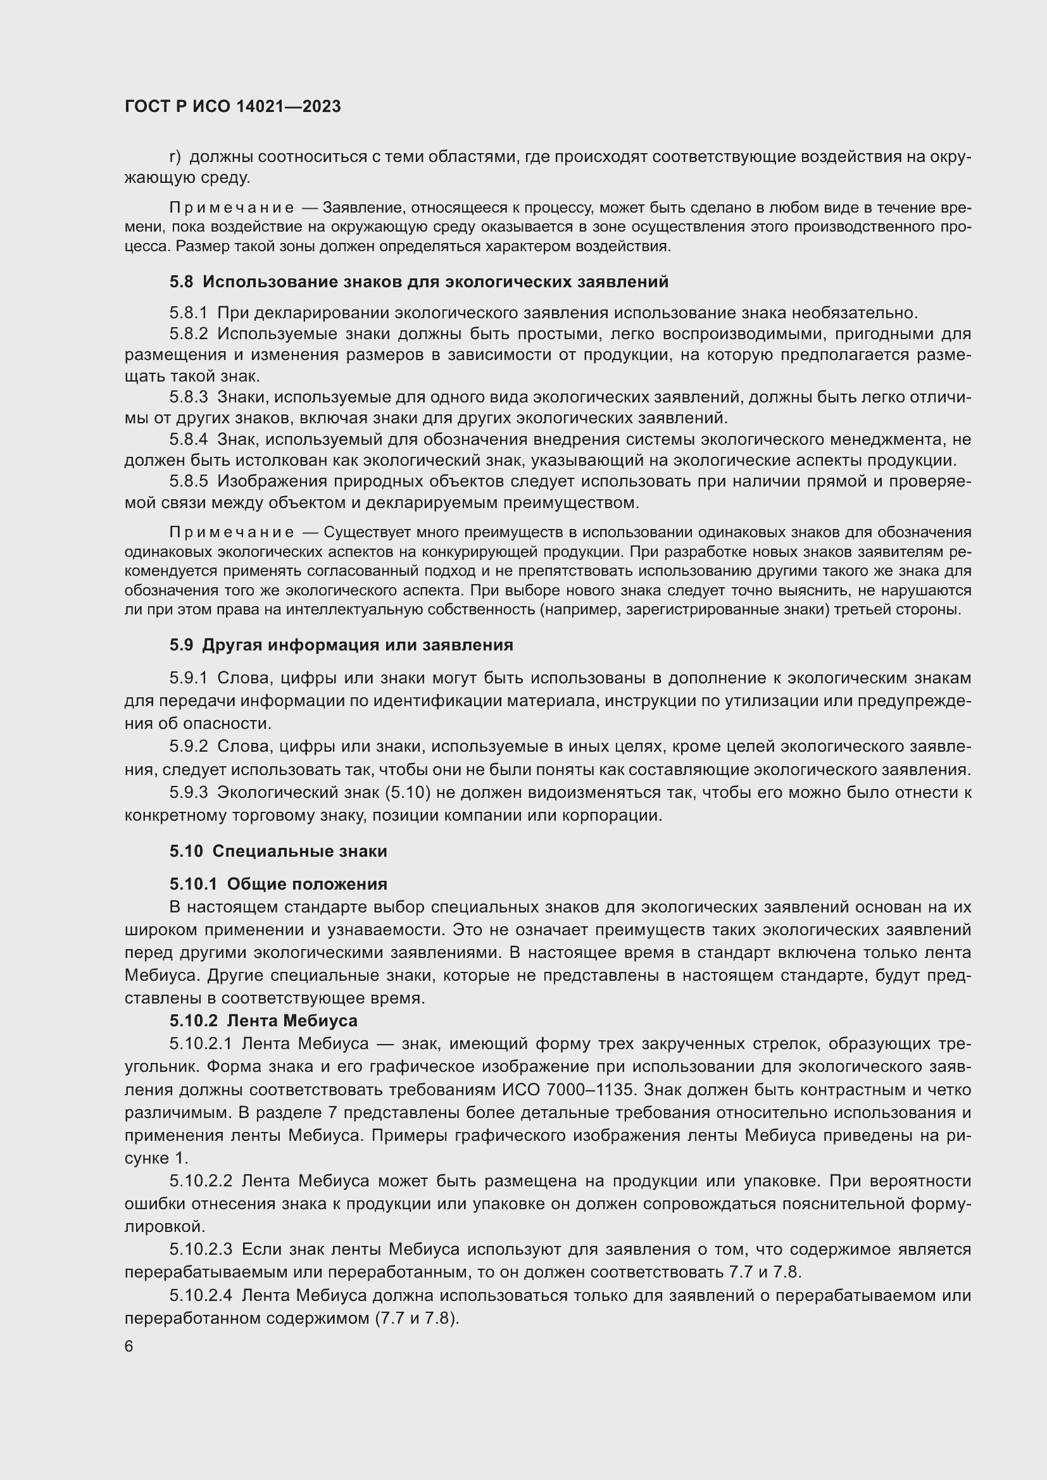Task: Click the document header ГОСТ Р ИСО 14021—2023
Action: (x=233, y=106)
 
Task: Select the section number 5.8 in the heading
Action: (x=181, y=282)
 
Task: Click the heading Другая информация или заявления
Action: (x=357, y=645)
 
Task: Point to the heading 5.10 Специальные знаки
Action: (x=279, y=851)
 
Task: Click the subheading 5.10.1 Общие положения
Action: (x=279, y=883)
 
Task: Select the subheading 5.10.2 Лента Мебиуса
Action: (x=264, y=1021)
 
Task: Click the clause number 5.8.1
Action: (x=188, y=313)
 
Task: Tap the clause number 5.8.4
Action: (x=188, y=440)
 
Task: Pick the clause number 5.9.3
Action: (x=188, y=792)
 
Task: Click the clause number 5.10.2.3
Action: (x=201, y=1249)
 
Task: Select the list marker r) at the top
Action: (x=175, y=157)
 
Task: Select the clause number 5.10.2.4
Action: (x=201, y=1295)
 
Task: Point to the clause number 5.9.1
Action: (x=188, y=678)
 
